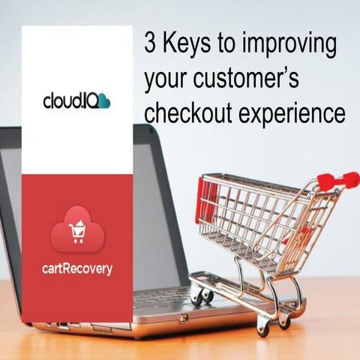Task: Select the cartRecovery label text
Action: pyautogui.click(x=76, y=268)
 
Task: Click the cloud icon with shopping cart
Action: pyautogui.click(x=76, y=229)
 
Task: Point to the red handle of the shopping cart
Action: pyautogui.click(x=337, y=180)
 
